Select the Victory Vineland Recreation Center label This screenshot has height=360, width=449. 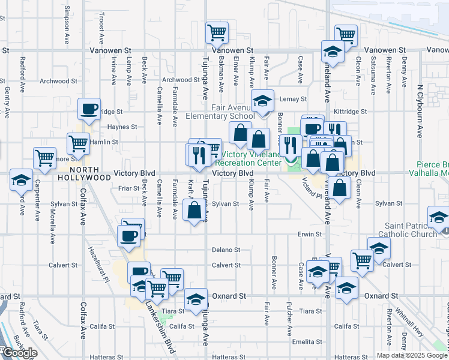247,158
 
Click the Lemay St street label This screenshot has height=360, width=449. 294,99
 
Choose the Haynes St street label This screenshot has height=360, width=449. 122,127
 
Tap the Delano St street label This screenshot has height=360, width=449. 226,250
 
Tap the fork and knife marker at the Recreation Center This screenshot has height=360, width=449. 291,145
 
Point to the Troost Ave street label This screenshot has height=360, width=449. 101,28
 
